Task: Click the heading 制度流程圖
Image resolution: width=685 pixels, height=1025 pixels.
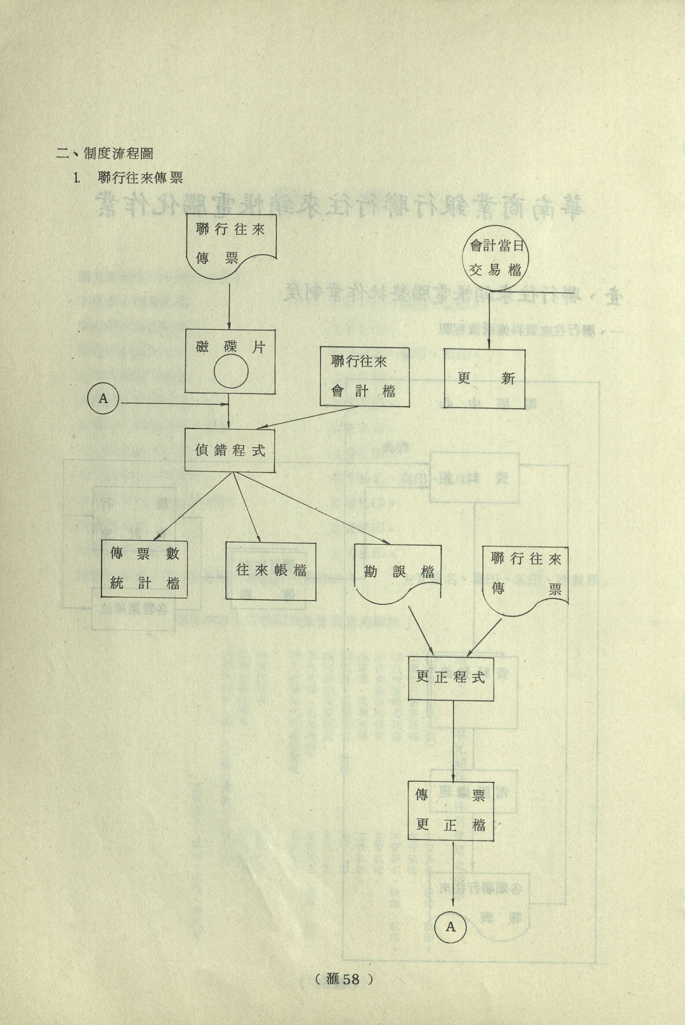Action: (117, 154)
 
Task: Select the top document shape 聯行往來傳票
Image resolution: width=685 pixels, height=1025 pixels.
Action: (231, 243)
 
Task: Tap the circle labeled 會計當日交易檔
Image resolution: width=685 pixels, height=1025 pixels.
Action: (495, 259)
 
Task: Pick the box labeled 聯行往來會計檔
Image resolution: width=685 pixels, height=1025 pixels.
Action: (364, 377)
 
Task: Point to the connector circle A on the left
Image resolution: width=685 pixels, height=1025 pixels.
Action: (103, 399)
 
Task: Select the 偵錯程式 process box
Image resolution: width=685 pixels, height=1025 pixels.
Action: (230, 450)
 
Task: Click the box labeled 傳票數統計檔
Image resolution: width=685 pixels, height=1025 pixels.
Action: (144, 569)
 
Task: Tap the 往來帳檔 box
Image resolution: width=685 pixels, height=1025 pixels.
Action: (271, 571)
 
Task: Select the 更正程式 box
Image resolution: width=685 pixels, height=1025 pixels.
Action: (451, 678)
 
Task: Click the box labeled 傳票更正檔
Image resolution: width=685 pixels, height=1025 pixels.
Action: (451, 810)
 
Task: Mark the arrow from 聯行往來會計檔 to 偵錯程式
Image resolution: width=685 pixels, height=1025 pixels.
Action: (308, 417)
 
